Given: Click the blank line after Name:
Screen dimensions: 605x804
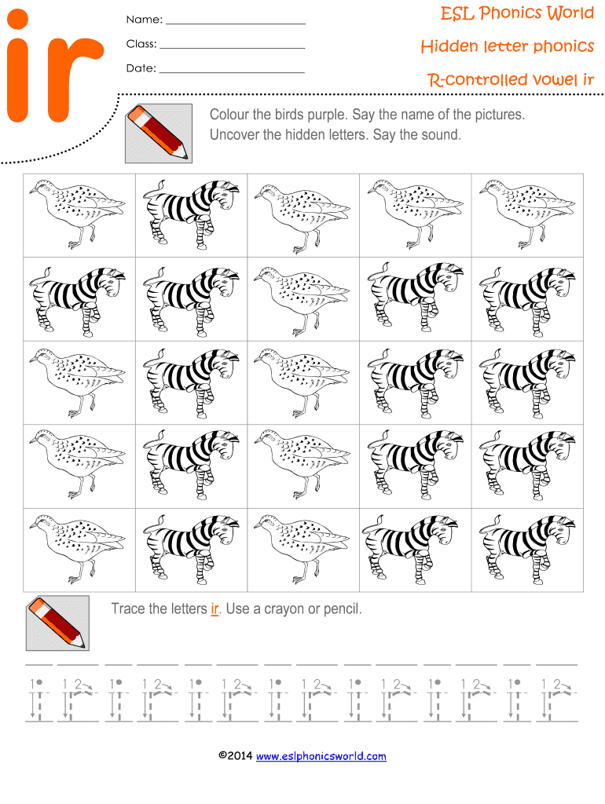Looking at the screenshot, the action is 236,24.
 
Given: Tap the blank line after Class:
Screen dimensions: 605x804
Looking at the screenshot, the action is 233,48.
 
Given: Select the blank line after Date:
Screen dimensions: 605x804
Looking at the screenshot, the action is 232,72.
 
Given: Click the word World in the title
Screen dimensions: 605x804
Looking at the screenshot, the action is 569,13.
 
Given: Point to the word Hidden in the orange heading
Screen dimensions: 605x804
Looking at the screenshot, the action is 449,46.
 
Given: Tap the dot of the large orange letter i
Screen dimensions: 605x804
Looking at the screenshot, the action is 17,20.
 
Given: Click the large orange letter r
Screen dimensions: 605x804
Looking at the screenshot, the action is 71,79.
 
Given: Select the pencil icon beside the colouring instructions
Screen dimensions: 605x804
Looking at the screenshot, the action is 159,133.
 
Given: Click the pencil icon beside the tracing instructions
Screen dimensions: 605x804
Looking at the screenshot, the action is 57,623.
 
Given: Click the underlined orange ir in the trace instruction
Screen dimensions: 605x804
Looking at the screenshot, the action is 215,608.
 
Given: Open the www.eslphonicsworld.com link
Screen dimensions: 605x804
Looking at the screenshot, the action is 321,756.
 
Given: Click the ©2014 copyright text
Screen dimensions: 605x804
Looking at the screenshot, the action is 236,755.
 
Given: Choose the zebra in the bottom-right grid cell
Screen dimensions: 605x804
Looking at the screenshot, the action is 527,549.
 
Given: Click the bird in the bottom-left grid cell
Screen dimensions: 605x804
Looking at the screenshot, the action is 78,550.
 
